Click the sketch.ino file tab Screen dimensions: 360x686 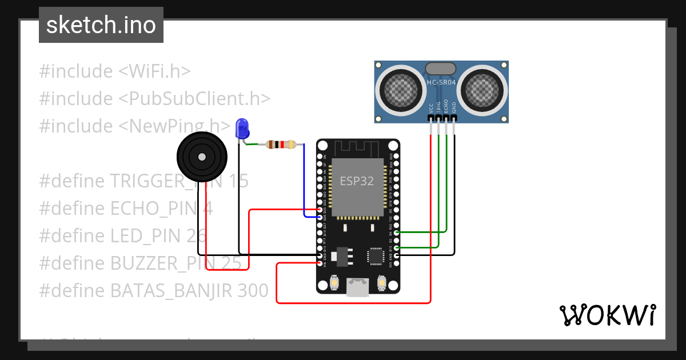pyautogui.click(x=101, y=25)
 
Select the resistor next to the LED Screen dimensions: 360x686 pyautogui.click(x=281, y=145)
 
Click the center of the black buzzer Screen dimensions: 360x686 pyautogui.click(x=202, y=157)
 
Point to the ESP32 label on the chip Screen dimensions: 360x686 pyautogui.click(x=357, y=181)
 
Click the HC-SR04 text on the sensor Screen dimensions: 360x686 pyautogui.click(x=441, y=82)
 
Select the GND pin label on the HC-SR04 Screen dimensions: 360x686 pyautogui.click(x=454, y=107)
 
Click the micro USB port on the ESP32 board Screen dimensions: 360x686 pyautogui.click(x=358, y=287)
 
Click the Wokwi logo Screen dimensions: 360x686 pyautogui.click(x=607, y=315)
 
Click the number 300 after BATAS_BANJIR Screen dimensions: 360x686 pyautogui.click(x=253, y=290)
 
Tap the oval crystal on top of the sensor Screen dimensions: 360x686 pyautogui.click(x=441, y=69)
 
